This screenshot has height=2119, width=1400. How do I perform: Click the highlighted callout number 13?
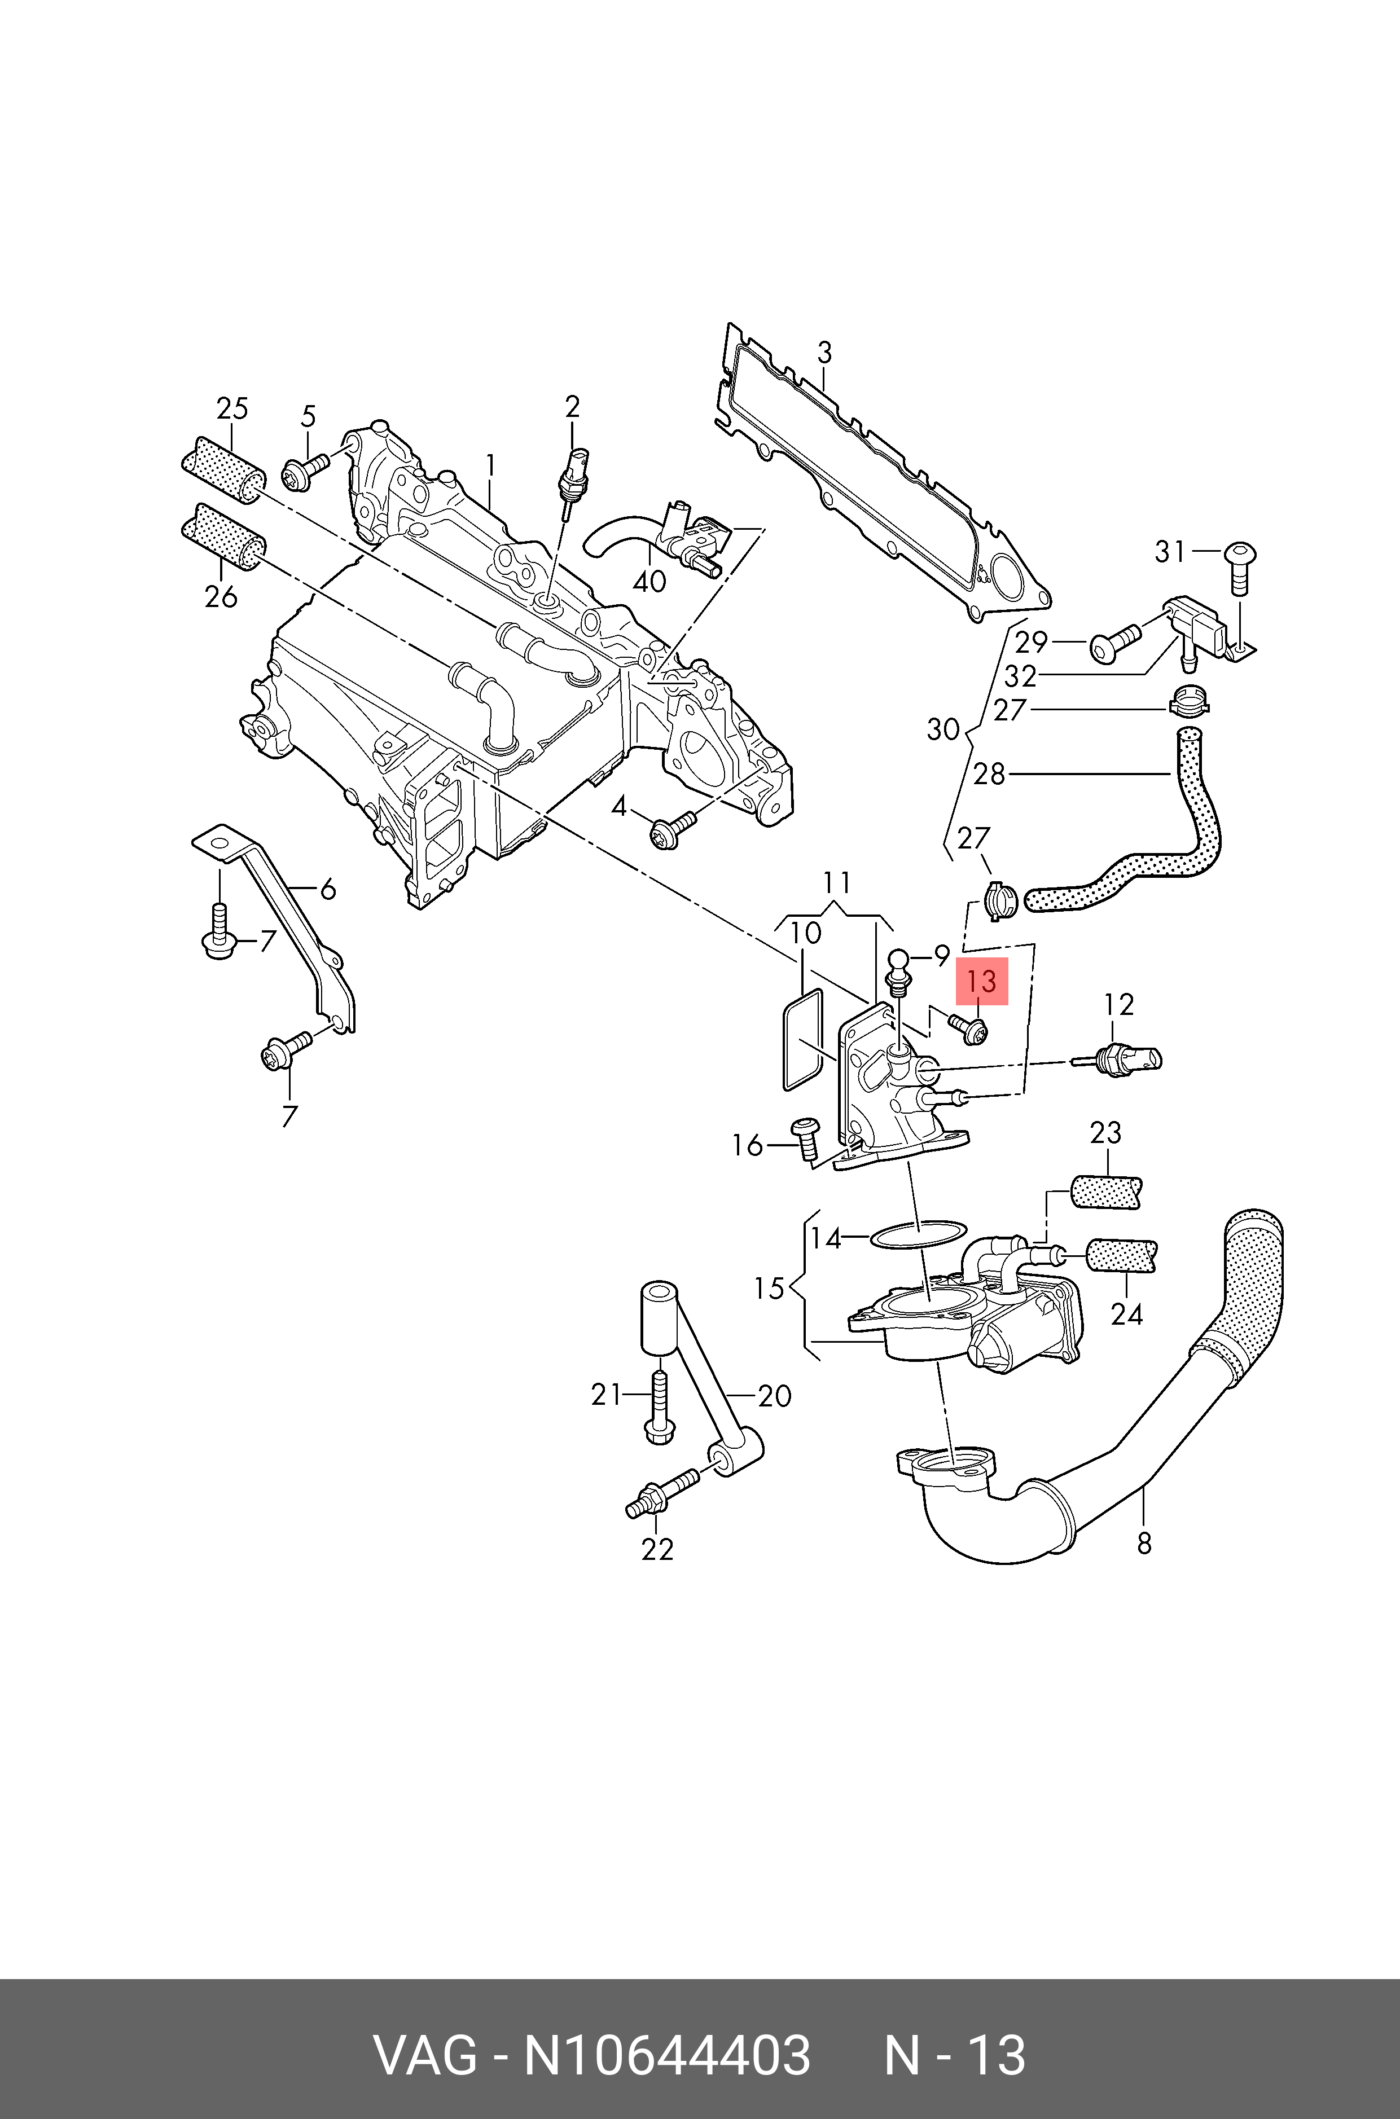981,982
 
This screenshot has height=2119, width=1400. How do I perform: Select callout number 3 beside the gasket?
824,353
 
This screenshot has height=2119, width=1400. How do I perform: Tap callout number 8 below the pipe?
1144,1542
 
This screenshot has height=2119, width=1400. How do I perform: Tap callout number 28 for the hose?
989,774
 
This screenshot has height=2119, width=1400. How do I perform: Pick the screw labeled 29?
1114,643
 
